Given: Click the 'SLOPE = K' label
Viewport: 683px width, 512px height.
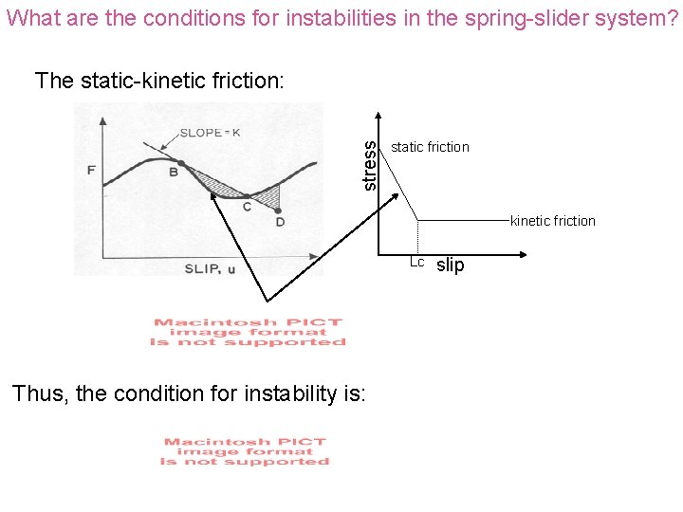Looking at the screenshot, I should [210, 133].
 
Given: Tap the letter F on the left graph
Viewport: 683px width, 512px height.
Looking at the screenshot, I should [91, 170].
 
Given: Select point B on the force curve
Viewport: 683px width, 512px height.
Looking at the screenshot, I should [174, 172].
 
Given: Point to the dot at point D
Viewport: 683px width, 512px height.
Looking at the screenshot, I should [279, 210].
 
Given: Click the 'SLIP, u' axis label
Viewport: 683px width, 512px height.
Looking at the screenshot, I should [211, 268].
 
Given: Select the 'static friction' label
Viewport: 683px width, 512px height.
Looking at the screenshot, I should [430, 147].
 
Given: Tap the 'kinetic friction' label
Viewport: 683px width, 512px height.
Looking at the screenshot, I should [552, 221].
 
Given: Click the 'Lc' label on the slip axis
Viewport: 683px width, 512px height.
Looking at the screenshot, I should [416, 263].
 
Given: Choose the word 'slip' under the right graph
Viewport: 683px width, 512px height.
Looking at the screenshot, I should [450, 265].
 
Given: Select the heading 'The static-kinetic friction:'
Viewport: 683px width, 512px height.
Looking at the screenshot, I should [158, 81].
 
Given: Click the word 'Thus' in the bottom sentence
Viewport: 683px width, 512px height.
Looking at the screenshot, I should [39, 393].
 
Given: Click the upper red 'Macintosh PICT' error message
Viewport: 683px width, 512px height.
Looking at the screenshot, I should [248, 332].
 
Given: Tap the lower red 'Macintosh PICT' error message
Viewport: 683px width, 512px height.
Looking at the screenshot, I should [245, 451].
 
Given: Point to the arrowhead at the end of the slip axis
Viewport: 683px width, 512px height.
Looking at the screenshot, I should [524, 255].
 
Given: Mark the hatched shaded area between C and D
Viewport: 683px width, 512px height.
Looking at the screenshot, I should [268, 195].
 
